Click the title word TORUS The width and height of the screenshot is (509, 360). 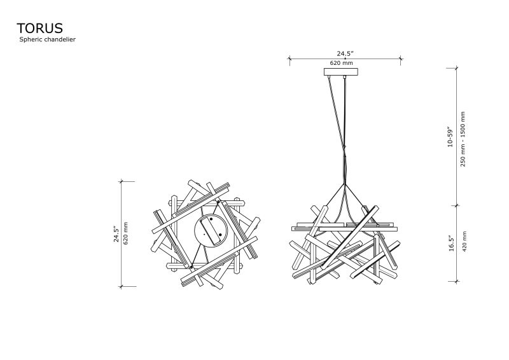pos(39,28)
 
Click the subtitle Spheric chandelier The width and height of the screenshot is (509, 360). pos(47,39)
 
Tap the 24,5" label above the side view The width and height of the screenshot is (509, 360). pos(345,53)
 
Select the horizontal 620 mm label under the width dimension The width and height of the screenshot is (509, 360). pos(341,63)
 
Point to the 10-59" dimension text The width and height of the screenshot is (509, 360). pos(450,137)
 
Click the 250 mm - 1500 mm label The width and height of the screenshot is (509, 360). pos(463,139)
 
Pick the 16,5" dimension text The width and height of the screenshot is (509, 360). pos(451,243)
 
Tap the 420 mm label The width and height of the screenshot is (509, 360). pos(464,242)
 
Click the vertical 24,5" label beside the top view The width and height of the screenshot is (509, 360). pos(116,234)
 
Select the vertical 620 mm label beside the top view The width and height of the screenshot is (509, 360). pos(126,233)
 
